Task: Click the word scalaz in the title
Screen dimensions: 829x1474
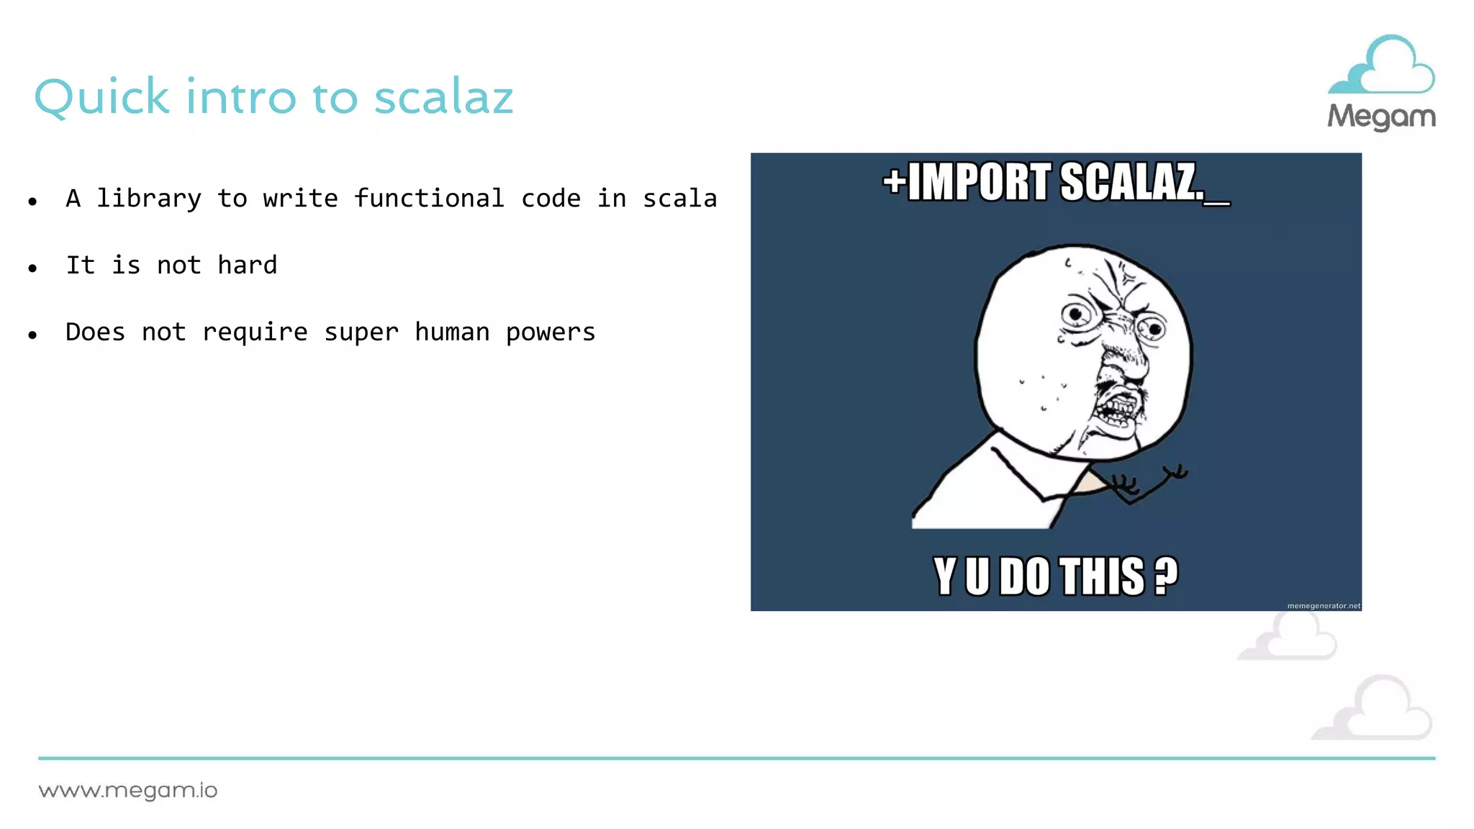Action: tap(443, 96)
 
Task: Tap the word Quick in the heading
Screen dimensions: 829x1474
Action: tap(101, 98)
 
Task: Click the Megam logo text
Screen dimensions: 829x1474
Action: tap(1381, 117)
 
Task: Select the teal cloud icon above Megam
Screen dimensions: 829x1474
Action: tap(1381, 66)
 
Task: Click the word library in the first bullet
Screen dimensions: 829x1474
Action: tap(149, 199)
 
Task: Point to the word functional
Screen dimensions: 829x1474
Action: tap(429, 199)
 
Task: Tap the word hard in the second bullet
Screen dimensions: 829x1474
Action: tap(247, 266)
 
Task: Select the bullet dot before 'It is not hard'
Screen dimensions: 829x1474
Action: tap(32, 268)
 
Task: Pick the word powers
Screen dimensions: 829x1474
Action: tap(550, 332)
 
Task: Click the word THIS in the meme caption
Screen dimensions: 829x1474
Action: tap(1102, 576)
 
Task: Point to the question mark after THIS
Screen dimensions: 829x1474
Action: tap(1166, 576)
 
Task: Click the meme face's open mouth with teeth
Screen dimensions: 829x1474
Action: tap(1116, 410)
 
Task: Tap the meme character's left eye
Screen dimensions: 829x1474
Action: tap(1076, 314)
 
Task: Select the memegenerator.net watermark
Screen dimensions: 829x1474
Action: tap(1323, 606)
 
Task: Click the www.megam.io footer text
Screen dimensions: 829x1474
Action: tap(128, 791)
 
